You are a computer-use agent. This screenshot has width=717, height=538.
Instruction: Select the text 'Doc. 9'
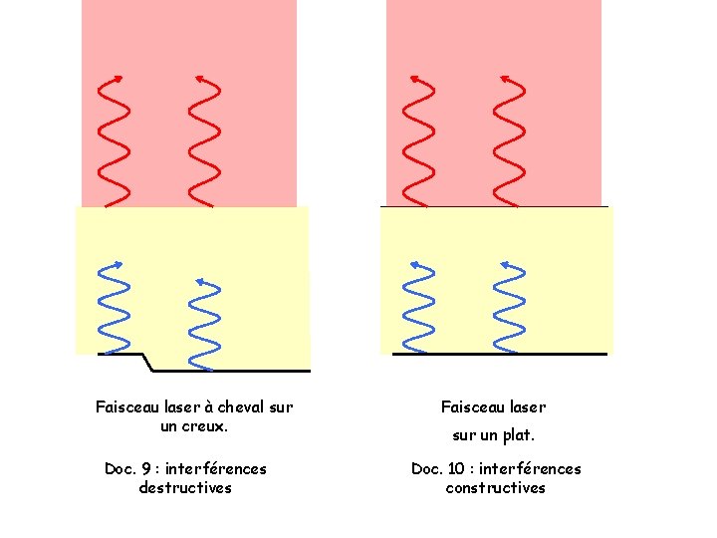[x=126, y=468]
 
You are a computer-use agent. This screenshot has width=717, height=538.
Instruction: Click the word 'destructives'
[x=185, y=488]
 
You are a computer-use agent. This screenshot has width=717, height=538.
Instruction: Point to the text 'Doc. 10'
[x=438, y=468]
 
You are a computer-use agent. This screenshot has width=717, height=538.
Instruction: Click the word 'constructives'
[x=496, y=488]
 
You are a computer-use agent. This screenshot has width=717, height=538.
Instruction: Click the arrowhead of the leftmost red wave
[x=119, y=77]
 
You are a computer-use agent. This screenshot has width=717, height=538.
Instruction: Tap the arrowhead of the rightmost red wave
[x=504, y=77]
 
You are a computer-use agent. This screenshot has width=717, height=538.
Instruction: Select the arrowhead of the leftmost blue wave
[x=119, y=263]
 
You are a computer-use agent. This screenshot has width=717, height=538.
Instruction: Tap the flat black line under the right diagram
[x=498, y=354]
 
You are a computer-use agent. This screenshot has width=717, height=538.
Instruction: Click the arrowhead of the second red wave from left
[x=198, y=77]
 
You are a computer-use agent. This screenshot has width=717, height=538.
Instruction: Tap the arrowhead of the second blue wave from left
[x=199, y=281]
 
